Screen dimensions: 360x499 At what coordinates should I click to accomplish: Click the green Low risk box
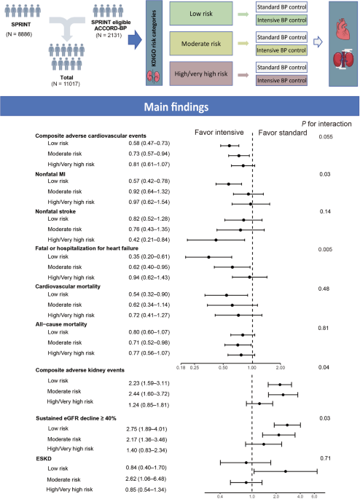tap(201, 14)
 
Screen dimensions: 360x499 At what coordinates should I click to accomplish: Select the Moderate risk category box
tap(201, 44)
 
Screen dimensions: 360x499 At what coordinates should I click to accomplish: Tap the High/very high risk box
tap(201, 74)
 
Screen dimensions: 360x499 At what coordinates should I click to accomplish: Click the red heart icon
tap(343, 31)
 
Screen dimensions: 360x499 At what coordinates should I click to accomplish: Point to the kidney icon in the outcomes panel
tap(343, 59)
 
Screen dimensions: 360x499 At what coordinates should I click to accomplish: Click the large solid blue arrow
tap(135, 40)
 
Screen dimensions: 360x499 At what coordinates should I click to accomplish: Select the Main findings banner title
tap(176, 107)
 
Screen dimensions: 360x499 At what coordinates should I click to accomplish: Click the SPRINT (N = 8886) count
tap(19, 34)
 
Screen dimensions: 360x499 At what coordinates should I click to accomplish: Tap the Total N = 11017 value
tap(66, 84)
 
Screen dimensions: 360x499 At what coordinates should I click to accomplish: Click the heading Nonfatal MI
tap(50, 174)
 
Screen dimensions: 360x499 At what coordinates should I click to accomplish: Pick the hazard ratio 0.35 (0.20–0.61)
tap(149, 256)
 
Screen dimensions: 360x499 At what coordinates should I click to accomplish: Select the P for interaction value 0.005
tap(325, 249)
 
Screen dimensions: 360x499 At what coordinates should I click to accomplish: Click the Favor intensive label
tap(219, 133)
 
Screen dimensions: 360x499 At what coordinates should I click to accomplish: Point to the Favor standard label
tap(283, 133)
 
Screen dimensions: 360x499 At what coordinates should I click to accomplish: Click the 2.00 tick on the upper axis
tap(280, 368)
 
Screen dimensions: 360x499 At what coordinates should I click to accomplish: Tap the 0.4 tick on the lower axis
tap(220, 497)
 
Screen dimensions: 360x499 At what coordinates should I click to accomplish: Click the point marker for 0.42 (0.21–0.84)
tap(216, 240)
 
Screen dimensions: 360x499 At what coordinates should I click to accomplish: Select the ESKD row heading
tap(44, 459)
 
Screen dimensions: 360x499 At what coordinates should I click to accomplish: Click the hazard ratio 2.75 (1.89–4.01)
tap(146, 429)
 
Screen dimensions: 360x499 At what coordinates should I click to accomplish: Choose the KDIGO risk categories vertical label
tap(154, 39)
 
